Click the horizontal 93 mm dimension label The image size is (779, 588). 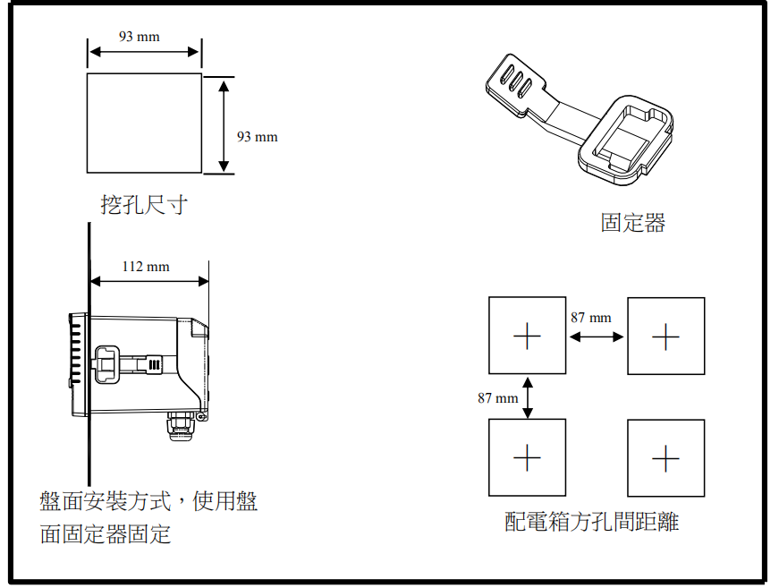pyautogui.click(x=139, y=37)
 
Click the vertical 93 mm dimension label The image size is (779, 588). pyautogui.click(x=257, y=136)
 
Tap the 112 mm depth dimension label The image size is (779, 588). pyautogui.click(x=146, y=266)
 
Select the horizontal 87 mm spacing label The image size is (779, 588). pyautogui.click(x=590, y=317)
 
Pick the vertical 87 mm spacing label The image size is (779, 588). pyautogui.click(x=497, y=397)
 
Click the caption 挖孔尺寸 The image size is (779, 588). pyautogui.click(x=144, y=205)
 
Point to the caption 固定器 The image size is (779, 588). pyautogui.click(x=633, y=223)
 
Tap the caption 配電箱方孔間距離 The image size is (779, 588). pyautogui.click(x=591, y=522)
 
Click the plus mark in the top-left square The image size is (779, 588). pyautogui.click(x=527, y=337)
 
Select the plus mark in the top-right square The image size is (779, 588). pyautogui.click(x=665, y=337)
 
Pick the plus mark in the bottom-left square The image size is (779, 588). pyautogui.click(x=527, y=457)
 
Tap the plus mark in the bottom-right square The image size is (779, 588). pyautogui.click(x=665, y=458)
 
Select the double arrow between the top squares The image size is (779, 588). pyautogui.click(x=597, y=337)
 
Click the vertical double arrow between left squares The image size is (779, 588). pyautogui.click(x=528, y=396)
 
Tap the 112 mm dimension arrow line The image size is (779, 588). pyautogui.click(x=149, y=281)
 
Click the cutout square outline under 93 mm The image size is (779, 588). pyautogui.click(x=144, y=123)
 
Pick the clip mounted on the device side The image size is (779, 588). pyautogui.click(x=125, y=364)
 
